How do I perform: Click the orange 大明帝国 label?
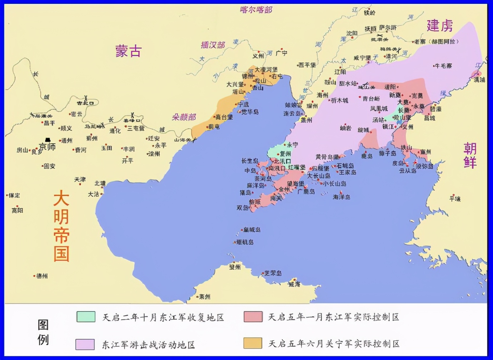click(x=61, y=226)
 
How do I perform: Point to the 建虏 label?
click(x=439, y=26)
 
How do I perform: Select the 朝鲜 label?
click(x=470, y=155)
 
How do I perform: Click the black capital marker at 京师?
click(x=48, y=140)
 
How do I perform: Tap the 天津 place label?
click(x=80, y=179)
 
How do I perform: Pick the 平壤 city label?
click(x=455, y=199)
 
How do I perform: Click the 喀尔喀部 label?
click(x=256, y=10)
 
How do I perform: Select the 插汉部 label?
click(x=213, y=45)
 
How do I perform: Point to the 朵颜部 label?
click(x=184, y=117)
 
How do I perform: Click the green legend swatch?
click(x=86, y=317)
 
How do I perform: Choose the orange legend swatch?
click(x=253, y=343)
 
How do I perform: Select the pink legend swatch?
click(x=253, y=317)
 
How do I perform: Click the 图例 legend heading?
click(x=43, y=332)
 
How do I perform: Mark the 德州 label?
click(x=42, y=276)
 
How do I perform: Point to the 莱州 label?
click(x=205, y=296)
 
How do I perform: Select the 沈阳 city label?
click(x=352, y=33)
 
